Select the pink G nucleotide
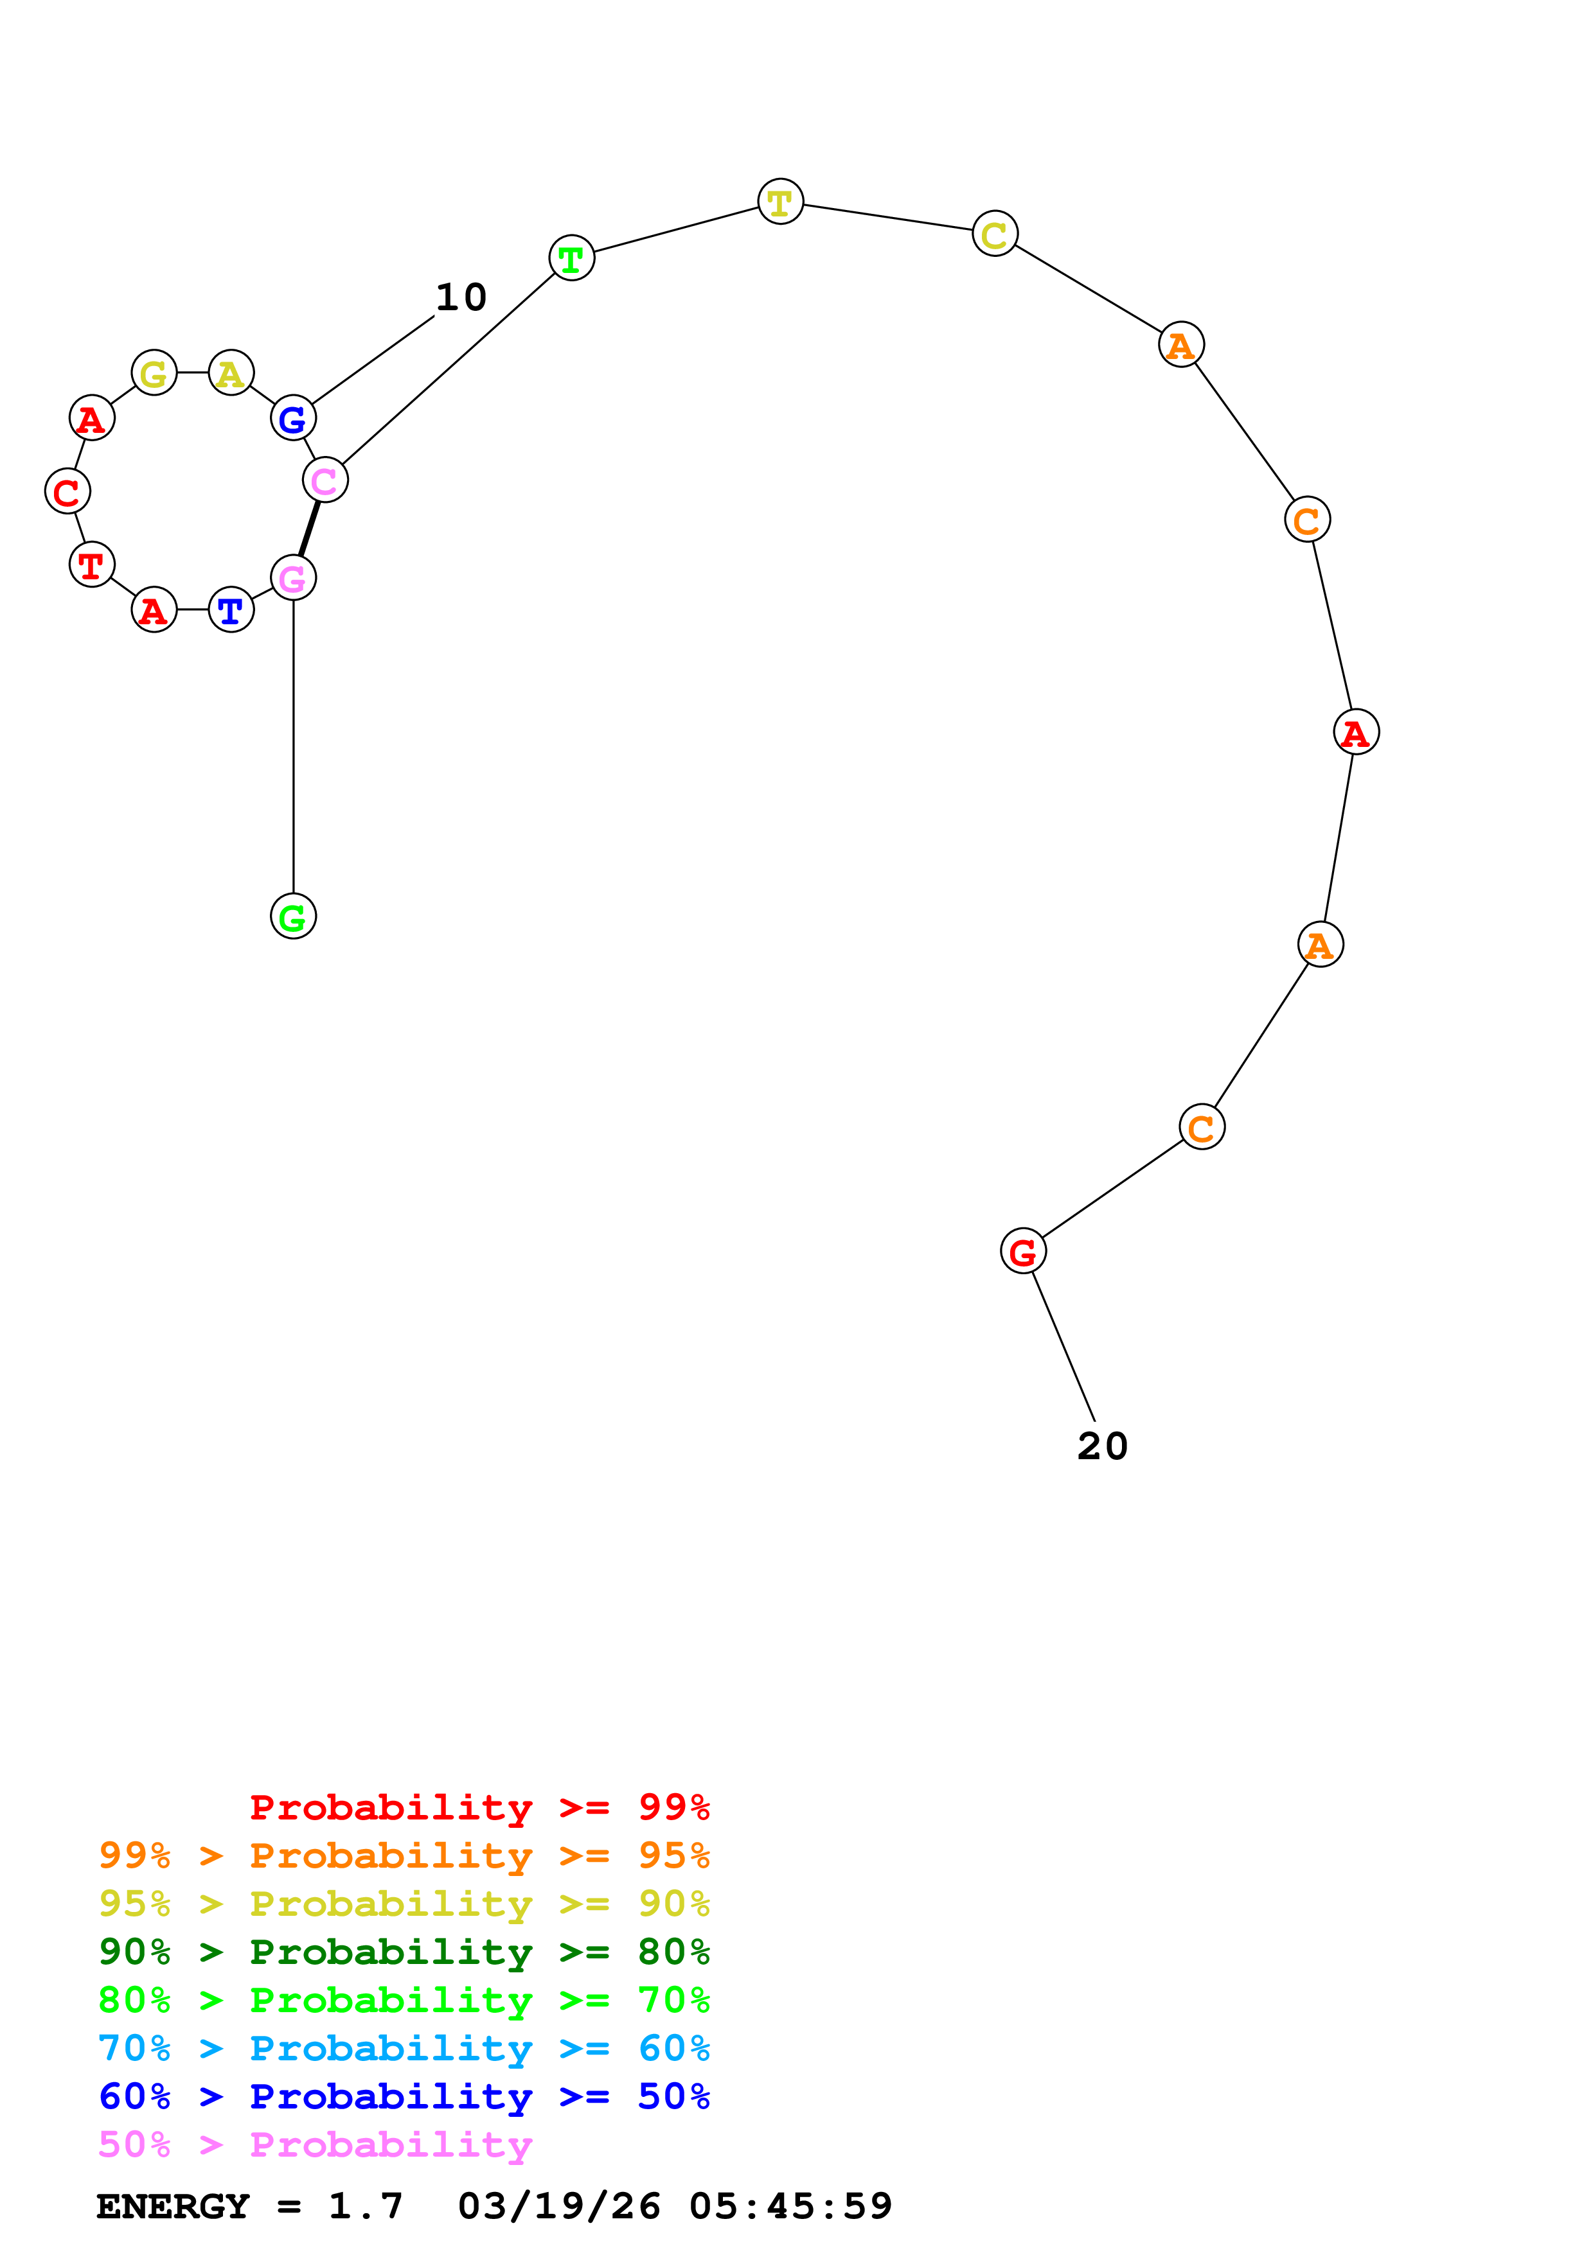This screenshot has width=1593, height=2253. pyautogui.click(x=294, y=578)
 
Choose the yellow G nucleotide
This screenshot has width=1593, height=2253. pyautogui.click(x=154, y=373)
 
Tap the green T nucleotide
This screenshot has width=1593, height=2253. pyautogui.click(x=571, y=258)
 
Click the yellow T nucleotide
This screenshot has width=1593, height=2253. pyautogui.click(x=780, y=202)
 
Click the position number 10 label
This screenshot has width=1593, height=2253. pyautogui.click(x=460, y=297)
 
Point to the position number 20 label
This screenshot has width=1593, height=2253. pyautogui.click(x=1102, y=1446)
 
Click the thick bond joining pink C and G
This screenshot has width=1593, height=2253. pyautogui.click(x=309, y=529)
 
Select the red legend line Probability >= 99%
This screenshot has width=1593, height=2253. pyautogui.click(x=479, y=1807)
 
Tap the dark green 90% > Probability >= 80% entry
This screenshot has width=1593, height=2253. pyautogui.click(x=404, y=1952)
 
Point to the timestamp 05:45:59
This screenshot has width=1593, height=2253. pyautogui.click(x=790, y=2206)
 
